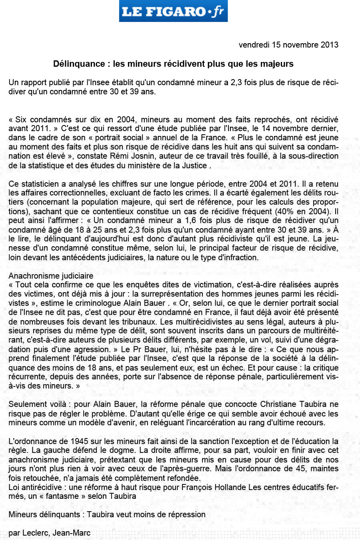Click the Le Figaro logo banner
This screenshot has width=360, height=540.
[173, 11]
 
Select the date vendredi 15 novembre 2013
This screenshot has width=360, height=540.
[288, 45]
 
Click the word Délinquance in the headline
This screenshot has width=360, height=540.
[78, 64]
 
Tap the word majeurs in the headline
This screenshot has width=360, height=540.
[277, 64]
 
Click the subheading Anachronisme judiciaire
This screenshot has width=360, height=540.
[51, 276]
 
